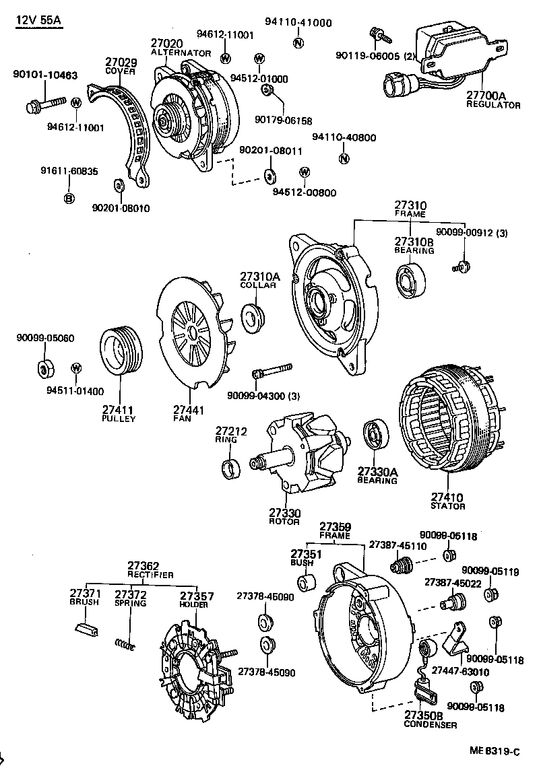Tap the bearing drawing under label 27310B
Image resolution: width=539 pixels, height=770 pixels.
[410, 281]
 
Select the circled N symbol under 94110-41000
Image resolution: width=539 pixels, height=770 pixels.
[297, 43]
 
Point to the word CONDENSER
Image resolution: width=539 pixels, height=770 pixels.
[431, 725]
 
